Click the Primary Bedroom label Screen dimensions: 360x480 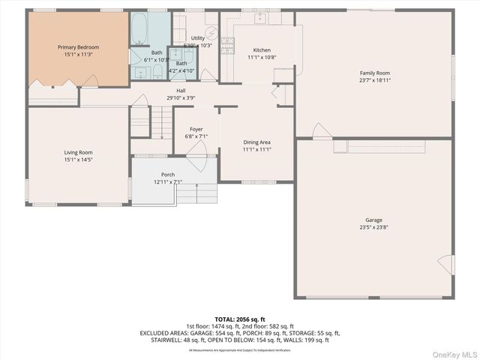(78, 47)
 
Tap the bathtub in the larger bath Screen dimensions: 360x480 (140, 30)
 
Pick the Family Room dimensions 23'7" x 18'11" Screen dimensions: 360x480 (375, 79)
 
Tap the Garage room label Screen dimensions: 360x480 (374, 220)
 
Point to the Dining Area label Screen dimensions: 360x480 (256, 142)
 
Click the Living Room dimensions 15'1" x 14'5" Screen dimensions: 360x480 (78, 159)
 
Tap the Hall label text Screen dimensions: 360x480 (181, 90)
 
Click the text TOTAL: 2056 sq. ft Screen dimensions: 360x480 (240, 319)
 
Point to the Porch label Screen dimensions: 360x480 (168, 174)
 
